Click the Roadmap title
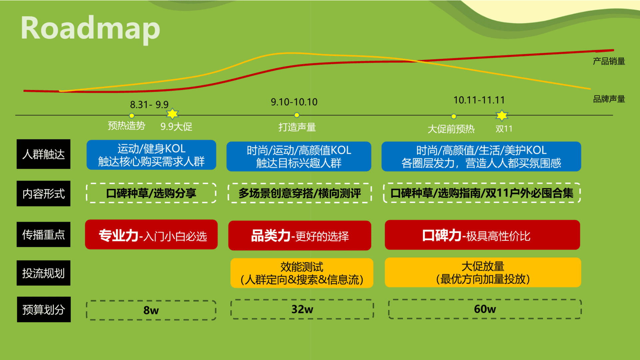tap(90, 29)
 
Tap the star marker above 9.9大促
tap(172, 114)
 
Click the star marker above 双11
tap(502, 115)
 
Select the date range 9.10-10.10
tap(294, 102)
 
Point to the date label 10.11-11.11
tap(479, 100)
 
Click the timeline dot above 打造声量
tap(297, 115)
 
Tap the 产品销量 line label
tap(609, 61)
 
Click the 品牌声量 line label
tap(609, 99)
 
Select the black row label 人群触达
tap(43, 154)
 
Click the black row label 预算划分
tap(44, 309)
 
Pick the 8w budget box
tap(151, 310)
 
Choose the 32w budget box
tap(302, 309)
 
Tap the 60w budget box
tap(485, 309)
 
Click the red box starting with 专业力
tap(151, 235)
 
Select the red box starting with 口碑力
tap(482, 235)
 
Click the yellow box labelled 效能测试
tap(302, 273)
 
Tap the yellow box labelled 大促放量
tap(483, 272)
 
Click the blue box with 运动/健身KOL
tap(151, 155)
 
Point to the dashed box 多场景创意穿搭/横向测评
tap(299, 193)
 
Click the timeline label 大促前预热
tap(451, 129)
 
